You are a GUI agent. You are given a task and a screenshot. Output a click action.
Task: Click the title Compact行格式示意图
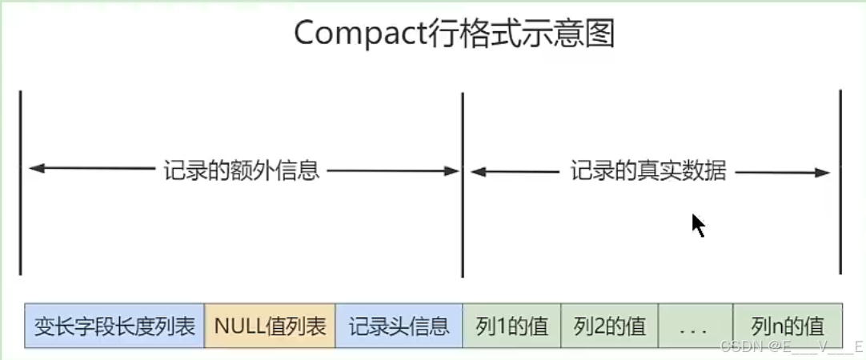point(455,34)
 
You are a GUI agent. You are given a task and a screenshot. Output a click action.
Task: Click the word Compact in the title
point(355,34)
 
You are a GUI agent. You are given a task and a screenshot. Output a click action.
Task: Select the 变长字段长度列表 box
point(115,326)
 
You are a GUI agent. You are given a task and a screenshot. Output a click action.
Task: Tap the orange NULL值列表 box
point(270,326)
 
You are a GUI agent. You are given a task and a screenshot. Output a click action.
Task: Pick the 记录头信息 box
point(399,326)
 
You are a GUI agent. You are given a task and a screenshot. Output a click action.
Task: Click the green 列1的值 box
point(511,326)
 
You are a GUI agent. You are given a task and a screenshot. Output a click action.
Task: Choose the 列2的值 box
point(609,326)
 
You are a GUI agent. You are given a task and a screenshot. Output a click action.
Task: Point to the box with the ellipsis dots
point(695,326)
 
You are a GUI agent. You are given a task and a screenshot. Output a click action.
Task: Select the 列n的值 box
point(788,326)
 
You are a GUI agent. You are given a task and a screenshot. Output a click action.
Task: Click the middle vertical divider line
point(463,184)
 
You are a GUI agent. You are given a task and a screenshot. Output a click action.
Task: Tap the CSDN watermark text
point(789,346)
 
